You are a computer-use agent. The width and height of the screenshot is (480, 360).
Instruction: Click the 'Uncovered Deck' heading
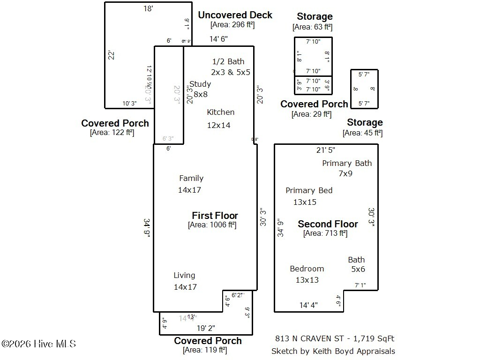[x=235, y=15]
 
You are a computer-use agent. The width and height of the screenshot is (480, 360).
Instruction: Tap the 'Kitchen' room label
[x=220, y=112]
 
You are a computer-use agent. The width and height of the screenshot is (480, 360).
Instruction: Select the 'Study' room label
[x=201, y=84]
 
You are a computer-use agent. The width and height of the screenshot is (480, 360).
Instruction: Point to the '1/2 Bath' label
[x=228, y=61]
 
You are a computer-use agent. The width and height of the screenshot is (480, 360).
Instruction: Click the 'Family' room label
[x=191, y=178]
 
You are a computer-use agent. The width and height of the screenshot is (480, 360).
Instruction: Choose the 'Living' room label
[x=184, y=275]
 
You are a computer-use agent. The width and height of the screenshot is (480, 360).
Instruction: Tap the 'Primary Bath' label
[x=347, y=163]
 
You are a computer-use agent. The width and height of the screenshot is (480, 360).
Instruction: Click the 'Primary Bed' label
[x=309, y=190]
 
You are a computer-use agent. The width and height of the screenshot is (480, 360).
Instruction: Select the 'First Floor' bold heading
[x=215, y=216]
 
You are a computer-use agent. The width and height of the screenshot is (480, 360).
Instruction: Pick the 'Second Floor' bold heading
[x=328, y=224]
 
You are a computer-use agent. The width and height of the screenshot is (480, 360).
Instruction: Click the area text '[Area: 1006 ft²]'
[x=212, y=225]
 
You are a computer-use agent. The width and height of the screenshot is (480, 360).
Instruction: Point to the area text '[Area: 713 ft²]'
[x=325, y=233]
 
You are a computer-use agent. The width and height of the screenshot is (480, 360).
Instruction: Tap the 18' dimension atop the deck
[x=148, y=8]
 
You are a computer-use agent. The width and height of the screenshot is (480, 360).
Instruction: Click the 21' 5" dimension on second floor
[x=326, y=150]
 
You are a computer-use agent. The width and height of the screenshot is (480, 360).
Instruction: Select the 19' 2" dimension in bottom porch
[x=206, y=328]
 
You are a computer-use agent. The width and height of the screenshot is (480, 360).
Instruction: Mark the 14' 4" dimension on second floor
[x=308, y=305]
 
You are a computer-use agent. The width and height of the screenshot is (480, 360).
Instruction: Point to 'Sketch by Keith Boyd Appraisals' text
[x=333, y=351]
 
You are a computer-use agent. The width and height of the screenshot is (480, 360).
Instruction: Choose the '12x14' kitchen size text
[x=219, y=125]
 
